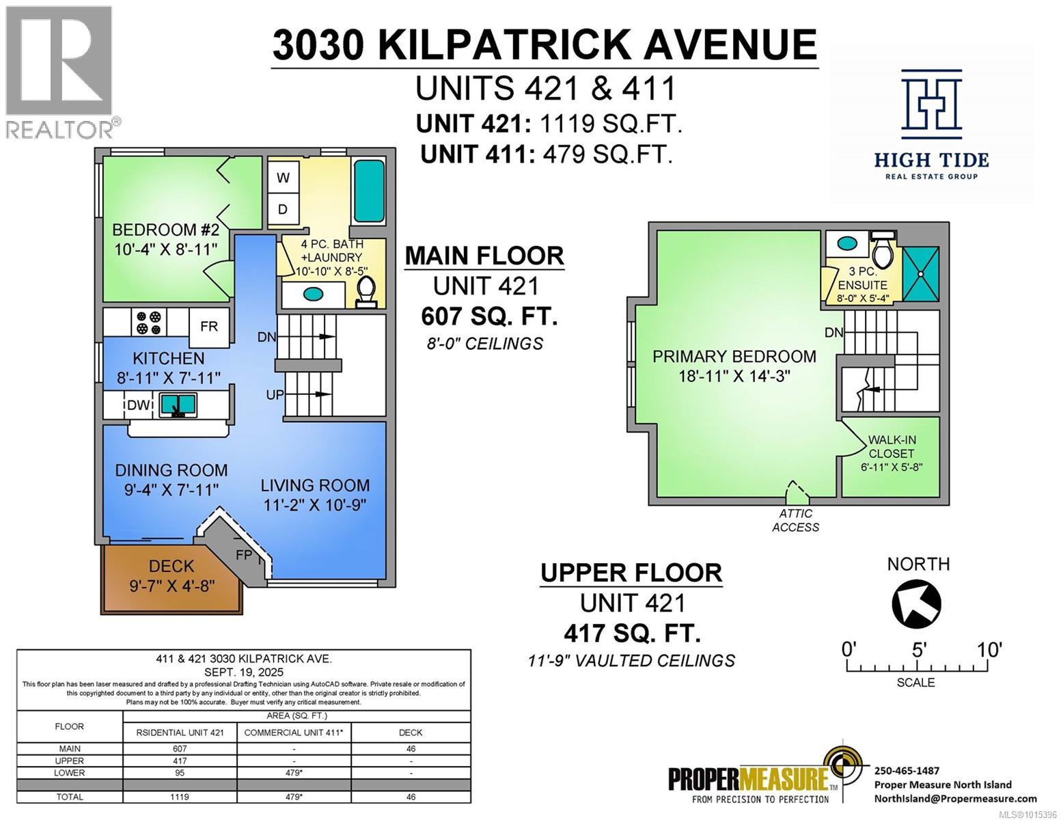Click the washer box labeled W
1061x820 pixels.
pos(283,178)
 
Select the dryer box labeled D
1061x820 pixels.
pos(283,209)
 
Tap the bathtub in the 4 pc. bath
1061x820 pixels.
pos(369,191)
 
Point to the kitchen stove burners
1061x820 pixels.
pos(149,323)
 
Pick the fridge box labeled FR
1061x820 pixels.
pos(209,326)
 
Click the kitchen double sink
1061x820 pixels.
pos(178,405)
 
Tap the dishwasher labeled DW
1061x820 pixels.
pos(139,405)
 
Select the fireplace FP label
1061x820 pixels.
pos(244,555)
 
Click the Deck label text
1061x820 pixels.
pos(171,566)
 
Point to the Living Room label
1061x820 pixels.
pos(315,485)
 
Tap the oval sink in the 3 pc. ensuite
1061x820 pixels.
pos(848,243)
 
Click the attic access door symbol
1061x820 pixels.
pos(795,491)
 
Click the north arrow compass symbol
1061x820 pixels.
pos(917,603)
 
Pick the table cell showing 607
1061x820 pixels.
pos(180,748)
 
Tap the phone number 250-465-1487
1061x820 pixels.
pos(907,770)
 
